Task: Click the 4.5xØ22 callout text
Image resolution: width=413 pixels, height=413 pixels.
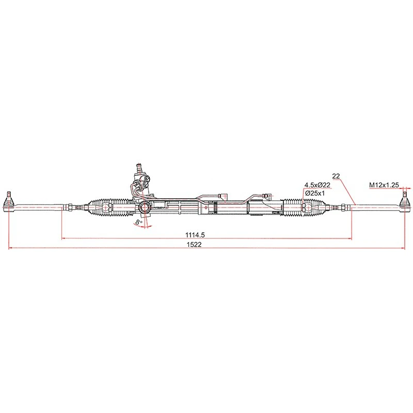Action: (x=317, y=185)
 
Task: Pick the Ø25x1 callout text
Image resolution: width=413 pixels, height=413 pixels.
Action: (x=314, y=193)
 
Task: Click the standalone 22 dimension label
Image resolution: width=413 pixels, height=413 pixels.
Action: (x=336, y=176)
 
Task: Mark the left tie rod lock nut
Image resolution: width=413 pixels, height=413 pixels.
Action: (x=68, y=208)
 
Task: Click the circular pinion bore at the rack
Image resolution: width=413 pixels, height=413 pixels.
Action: (x=144, y=208)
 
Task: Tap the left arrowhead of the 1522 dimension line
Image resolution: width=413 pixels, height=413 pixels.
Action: (x=11, y=248)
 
